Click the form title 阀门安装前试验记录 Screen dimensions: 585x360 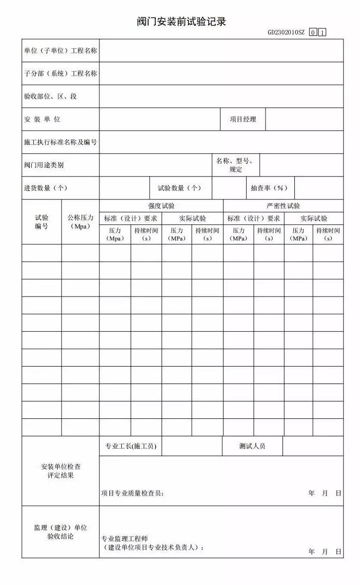pos(181,22)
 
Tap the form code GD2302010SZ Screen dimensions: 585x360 pos(286,33)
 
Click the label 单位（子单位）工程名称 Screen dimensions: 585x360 pos(60,51)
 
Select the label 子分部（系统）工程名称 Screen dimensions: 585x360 pos(60,74)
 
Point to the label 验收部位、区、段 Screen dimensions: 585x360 pos(50,97)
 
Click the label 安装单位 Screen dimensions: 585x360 pos(42,119)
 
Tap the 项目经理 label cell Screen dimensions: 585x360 pos(243,119)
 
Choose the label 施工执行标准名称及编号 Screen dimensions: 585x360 pos(60,142)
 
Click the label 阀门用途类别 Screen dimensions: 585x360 pos(44,165)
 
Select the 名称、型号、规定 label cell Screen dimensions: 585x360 pos(236,165)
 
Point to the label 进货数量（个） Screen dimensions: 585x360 pos(45,188)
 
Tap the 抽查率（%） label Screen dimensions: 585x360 pos(270,188)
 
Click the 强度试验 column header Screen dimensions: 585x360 pos(161,206)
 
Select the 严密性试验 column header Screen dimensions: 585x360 pos(283,206)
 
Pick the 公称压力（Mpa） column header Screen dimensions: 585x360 pos(80,222)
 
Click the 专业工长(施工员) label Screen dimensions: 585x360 pos(130,446)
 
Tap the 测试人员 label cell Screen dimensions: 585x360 pos(252,446)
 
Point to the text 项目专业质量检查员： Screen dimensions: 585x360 pos(132,493)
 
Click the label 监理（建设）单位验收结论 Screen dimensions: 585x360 pos(60,532)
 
